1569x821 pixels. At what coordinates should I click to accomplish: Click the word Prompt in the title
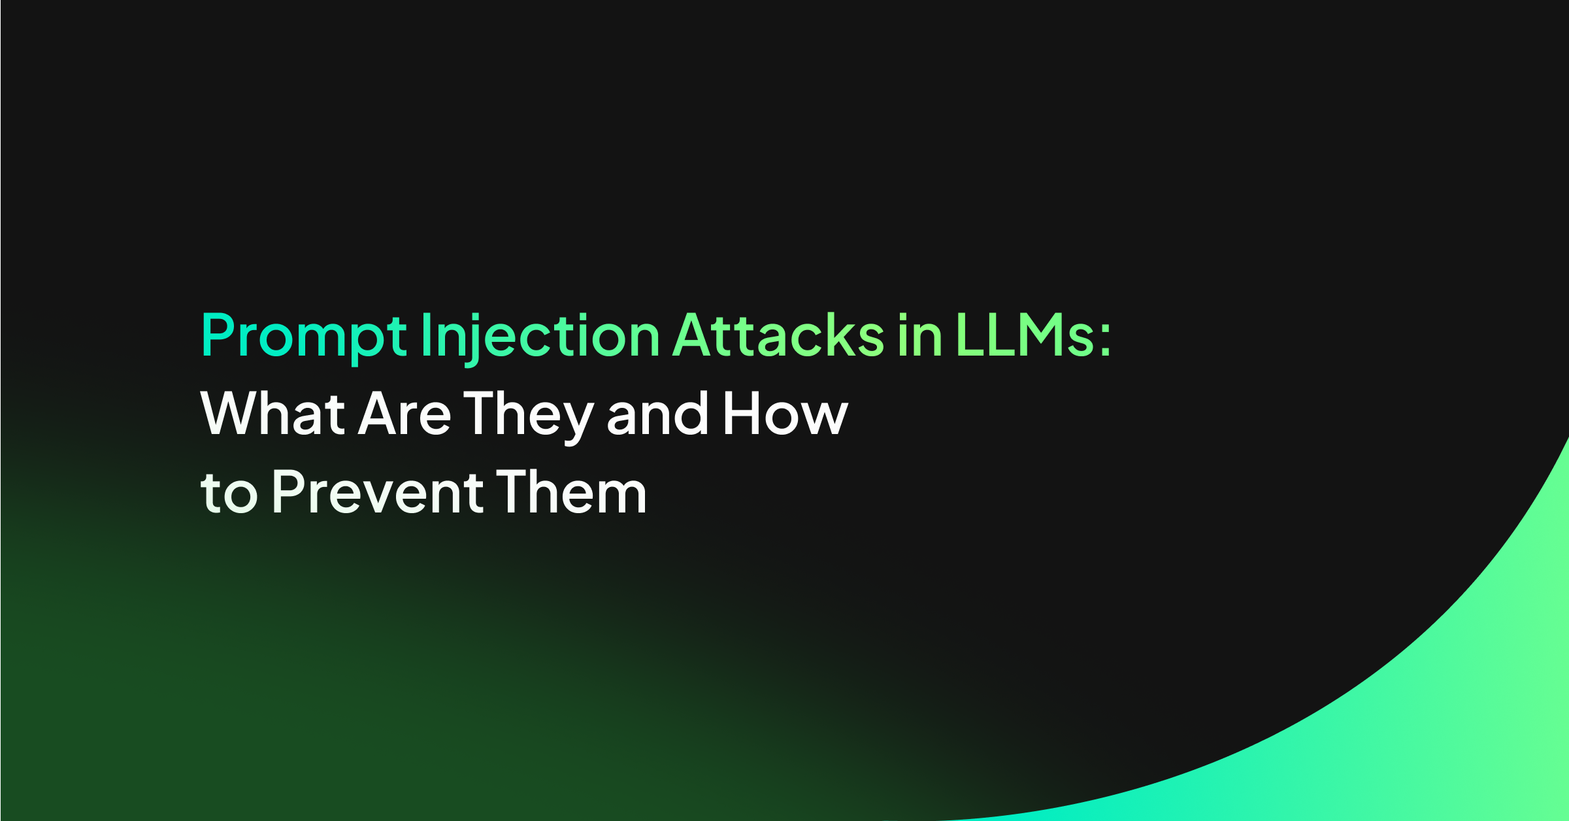tap(304, 336)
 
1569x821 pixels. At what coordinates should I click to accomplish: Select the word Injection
tap(540, 336)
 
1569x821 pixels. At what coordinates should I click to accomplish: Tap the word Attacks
tap(778, 336)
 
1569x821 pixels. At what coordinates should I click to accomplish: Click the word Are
tap(405, 414)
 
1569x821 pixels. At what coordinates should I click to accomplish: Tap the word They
tap(528, 414)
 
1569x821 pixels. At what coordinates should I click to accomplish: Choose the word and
tap(657, 414)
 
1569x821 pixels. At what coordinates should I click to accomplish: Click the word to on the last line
tap(229, 494)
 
